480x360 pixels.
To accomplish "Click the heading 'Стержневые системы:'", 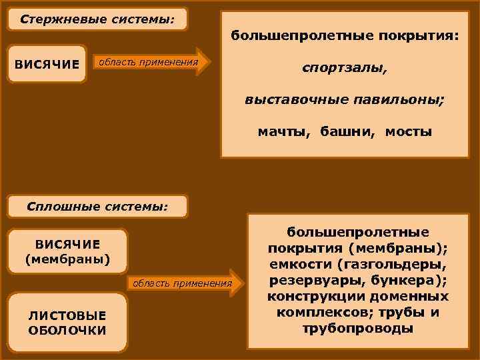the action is click(97, 19).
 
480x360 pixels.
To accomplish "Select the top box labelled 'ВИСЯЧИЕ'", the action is click(47, 64).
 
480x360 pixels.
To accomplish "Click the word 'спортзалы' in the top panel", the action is click(343, 68).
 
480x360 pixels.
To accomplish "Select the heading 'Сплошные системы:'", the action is click(97, 206).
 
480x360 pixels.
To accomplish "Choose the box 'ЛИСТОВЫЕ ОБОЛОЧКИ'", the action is click(67, 323).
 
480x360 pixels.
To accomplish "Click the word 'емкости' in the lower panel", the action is click(294, 264).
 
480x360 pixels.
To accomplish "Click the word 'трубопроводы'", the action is click(358, 328).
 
